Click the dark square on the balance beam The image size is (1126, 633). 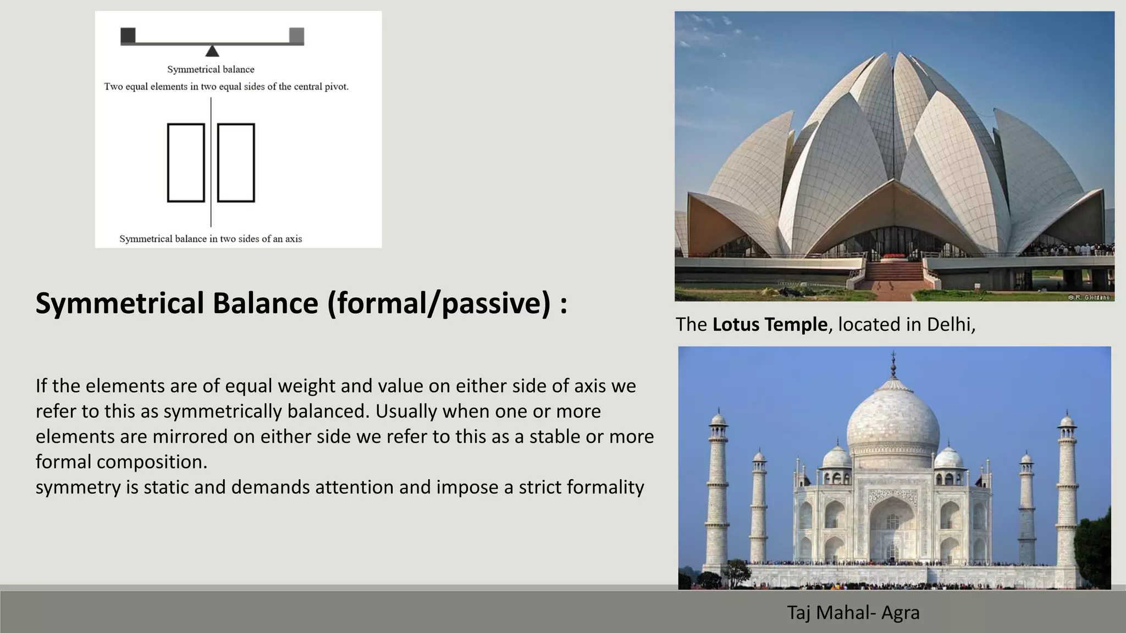[128, 35]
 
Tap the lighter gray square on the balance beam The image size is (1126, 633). [296, 35]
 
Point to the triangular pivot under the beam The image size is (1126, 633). [212, 51]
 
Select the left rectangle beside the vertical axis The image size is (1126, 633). [186, 163]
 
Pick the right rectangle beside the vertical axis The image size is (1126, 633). [236, 163]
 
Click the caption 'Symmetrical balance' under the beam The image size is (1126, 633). [211, 70]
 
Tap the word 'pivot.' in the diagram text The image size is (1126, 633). [336, 87]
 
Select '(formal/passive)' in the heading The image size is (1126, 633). [439, 303]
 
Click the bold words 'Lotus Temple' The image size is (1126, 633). [770, 325]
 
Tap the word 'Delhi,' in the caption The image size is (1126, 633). [951, 325]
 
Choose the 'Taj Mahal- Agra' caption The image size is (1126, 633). [853, 612]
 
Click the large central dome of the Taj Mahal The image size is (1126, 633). [893, 423]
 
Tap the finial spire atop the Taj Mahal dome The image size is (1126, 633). [893, 365]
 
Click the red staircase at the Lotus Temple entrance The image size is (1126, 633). [895, 271]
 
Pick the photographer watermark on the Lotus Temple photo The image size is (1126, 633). [1089, 297]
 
